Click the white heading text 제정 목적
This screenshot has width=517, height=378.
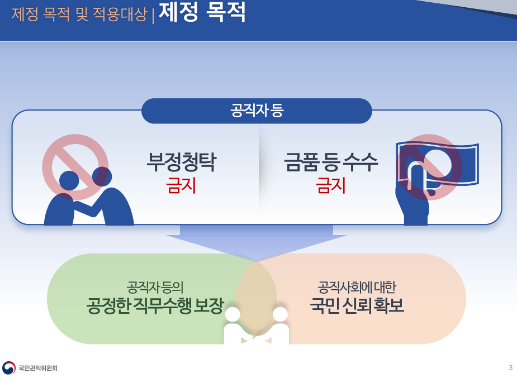[x=202, y=12]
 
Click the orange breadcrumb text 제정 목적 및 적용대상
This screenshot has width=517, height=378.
[x=79, y=14]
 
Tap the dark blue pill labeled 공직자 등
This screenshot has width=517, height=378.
[x=257, y=111]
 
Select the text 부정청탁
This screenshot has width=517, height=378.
[x=181, y=162]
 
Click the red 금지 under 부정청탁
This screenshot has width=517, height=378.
[x=181, y=185]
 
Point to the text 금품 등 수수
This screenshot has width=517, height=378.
[x=331, y=162]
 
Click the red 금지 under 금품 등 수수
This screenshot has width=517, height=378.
[x=331, y=185]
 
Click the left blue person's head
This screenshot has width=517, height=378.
[x=69, y=181]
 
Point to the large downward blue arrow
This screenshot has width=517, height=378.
[x=257, y=243]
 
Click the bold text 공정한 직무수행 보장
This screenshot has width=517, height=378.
[x=155, y=306]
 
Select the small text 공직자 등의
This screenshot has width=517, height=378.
[x=155, y=287]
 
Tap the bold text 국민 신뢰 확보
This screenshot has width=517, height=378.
[x=357, y=305]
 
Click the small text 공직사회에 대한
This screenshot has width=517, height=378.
[x=357, y=287]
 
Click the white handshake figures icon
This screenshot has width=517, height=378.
[x=257, y=326]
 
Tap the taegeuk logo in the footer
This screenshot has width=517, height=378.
[x=8, y=368]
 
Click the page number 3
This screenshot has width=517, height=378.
[x=511, y=367]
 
